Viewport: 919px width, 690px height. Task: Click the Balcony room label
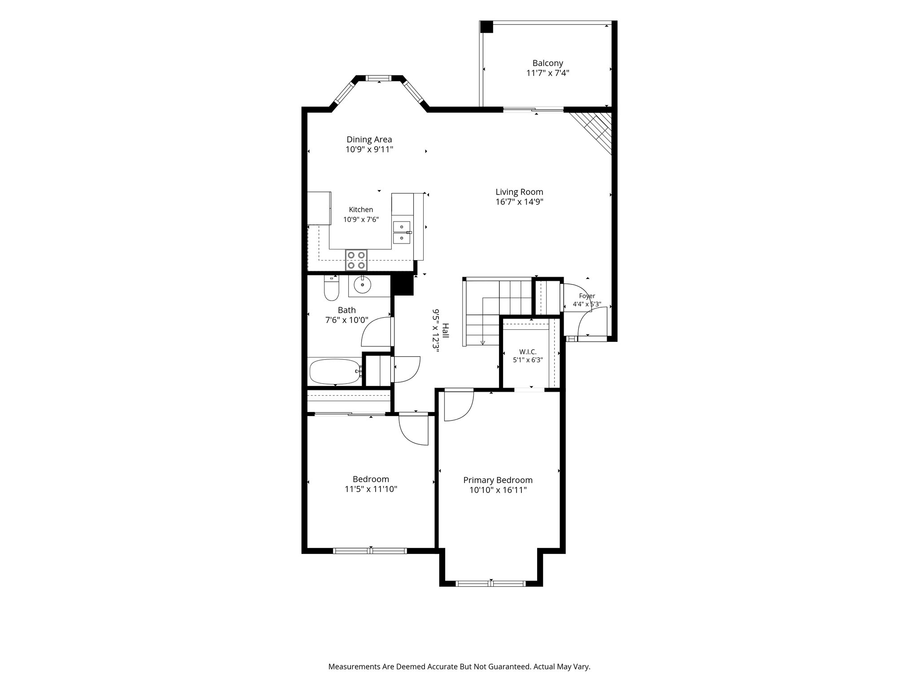pos(547,63)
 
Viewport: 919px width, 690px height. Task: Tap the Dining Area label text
pos(369,139)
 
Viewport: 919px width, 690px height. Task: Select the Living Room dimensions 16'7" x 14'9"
pos(519,202)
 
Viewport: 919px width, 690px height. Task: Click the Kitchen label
pos(361,210)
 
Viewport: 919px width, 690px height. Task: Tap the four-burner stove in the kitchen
pos(356,260)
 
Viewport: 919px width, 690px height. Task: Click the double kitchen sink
pos(402,232)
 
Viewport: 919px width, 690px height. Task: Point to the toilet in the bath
pos(332,288)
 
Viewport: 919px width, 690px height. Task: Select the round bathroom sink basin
pos(362,284)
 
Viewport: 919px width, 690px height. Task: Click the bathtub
pos(336,372)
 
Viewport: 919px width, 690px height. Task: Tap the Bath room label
pos(346,310)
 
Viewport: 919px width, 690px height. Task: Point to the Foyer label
pos(587,296)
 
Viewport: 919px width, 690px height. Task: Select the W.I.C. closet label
pos(528,352)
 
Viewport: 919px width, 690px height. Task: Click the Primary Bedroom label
pos(498,480)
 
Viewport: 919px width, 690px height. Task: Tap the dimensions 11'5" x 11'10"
pos(371,489)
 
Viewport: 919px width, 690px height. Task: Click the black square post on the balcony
pos(486,27)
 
